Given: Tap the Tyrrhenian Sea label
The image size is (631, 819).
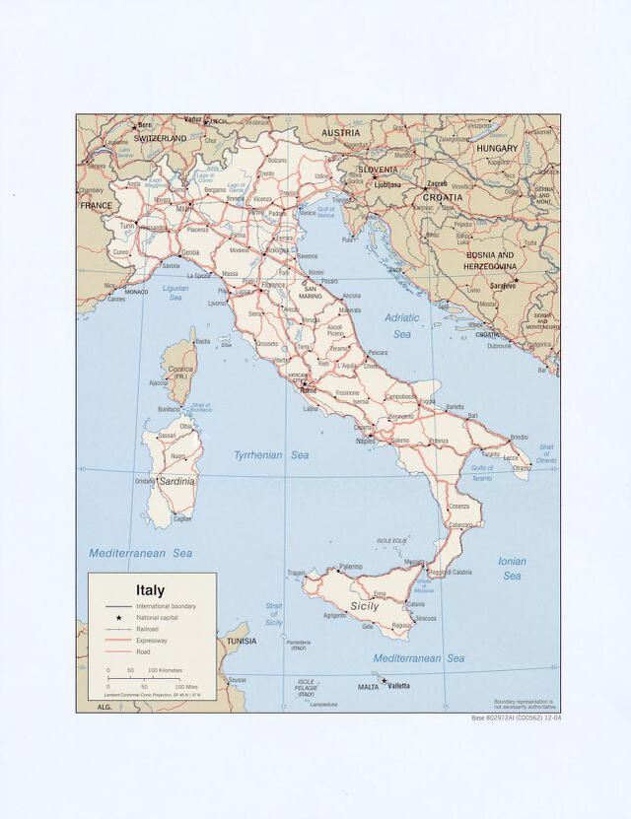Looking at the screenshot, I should (271, 455).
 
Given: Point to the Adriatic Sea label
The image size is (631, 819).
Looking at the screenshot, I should (402, 325).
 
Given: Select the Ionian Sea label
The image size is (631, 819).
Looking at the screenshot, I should (512, 569).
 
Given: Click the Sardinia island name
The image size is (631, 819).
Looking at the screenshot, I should (176, 481).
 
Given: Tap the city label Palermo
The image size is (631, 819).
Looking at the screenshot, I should (350, 567).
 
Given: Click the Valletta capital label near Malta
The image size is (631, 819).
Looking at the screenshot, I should (398, 686).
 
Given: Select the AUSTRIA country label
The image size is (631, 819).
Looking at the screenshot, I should (340, 132).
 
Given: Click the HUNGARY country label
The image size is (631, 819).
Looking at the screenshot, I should (497, 148).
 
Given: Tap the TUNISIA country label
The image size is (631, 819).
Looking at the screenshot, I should (242, 642).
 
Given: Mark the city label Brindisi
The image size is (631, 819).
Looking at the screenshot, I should (521, 437).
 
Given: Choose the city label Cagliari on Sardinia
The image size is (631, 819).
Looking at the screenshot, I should (182, 518).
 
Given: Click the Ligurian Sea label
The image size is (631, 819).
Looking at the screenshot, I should (182, 293).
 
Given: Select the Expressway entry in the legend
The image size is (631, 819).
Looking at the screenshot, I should (152, 640).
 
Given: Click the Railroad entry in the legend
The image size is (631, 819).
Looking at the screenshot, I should (148, 628).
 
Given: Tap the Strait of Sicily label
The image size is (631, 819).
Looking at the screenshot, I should (274, 614).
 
